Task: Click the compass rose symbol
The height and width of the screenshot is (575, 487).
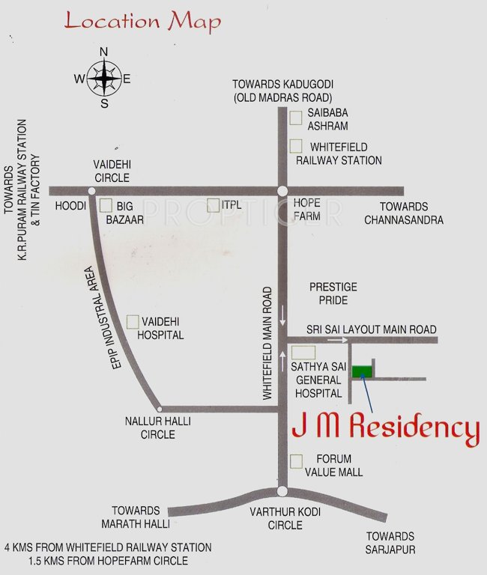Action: click(x=104, y=77)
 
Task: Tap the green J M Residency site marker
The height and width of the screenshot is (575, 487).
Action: click(x=362, y=371)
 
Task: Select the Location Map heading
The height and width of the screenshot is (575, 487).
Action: click(x=142, y=20)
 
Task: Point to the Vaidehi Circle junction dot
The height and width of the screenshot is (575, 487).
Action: click(x=91, y=191)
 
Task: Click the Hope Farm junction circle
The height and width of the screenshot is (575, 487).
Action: click(x=282, y=191)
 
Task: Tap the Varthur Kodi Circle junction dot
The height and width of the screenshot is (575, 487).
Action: click(x=282, y=491)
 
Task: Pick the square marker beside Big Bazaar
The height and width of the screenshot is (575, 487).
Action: click(x=106, y=204)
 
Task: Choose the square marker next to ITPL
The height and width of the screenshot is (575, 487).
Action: click(x=212, y=204)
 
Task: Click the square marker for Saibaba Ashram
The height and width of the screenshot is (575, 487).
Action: click(x=297, y=116)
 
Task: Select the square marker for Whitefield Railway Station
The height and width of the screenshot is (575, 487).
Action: click(x=297, y=146)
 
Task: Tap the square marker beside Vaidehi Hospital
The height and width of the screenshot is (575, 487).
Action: click(x=132, y=321)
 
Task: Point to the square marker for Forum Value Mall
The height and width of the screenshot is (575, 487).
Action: click(x=297, y=460)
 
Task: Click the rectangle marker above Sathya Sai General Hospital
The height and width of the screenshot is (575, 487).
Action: click(x=303, y=352)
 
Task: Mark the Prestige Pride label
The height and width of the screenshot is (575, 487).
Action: click(x=333, y=293)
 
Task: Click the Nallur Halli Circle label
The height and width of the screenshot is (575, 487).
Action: click(x=157, y=428)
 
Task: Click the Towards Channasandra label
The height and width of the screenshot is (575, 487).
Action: click(x=403, y=213)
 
